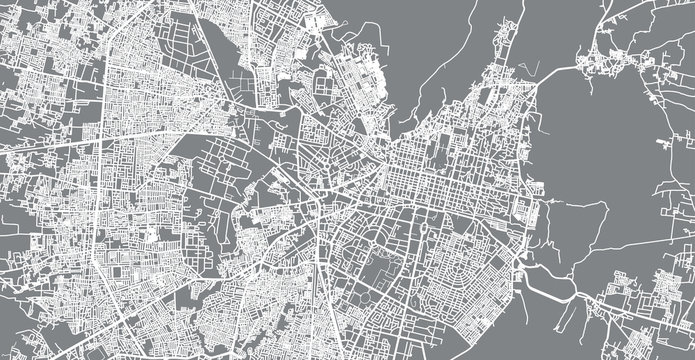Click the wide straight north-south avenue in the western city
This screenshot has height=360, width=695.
(x=97, y=200)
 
